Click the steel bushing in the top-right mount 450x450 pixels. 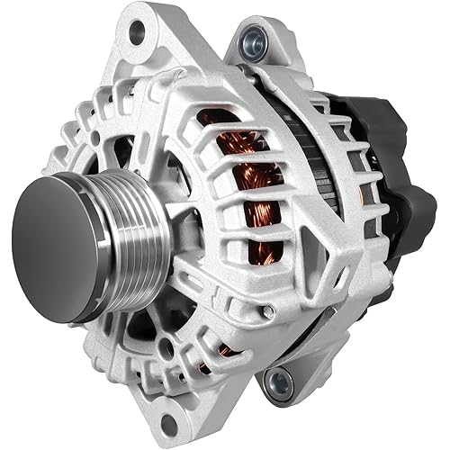click(x=255, y=40)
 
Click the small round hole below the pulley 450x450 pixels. click(x=166, y=346)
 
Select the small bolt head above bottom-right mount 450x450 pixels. click(x=267, y=312)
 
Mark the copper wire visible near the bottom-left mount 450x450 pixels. click(x=225, y=350)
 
